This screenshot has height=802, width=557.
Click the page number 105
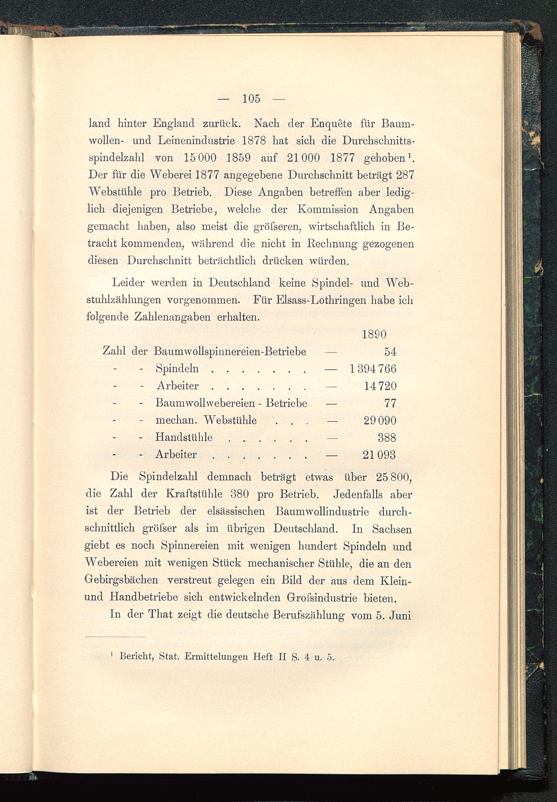coord(251,99)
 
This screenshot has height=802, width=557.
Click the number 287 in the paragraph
coord(405,175)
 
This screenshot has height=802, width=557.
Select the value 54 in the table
coord(390,351)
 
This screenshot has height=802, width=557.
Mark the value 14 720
coord(380,386)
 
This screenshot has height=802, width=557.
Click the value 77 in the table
coord(390,403)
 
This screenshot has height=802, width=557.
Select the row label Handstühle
coord(184,437)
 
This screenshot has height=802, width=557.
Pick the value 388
coord(387,437)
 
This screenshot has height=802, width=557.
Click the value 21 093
coord(379,454)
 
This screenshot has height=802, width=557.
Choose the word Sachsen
coord(392,529)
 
